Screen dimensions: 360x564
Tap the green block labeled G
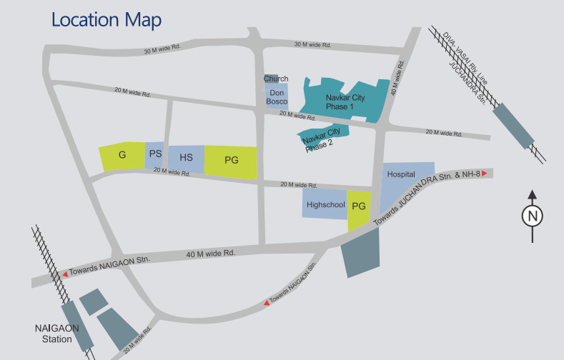coord(122,156)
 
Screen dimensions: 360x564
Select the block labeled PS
coord(156,154)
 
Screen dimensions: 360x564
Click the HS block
coord(186,158)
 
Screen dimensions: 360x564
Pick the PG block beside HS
coord(231,161)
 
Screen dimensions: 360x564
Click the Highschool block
coord(325,204)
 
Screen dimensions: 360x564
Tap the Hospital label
coord(400,174)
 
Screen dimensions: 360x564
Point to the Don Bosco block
coord(277,96)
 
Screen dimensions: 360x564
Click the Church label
coord(276,79)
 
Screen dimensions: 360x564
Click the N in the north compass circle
coord(533,216)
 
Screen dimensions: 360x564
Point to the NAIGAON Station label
coord(54,334)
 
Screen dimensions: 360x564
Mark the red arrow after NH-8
coord(484,174)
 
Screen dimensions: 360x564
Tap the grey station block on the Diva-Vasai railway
coord(513,125)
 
